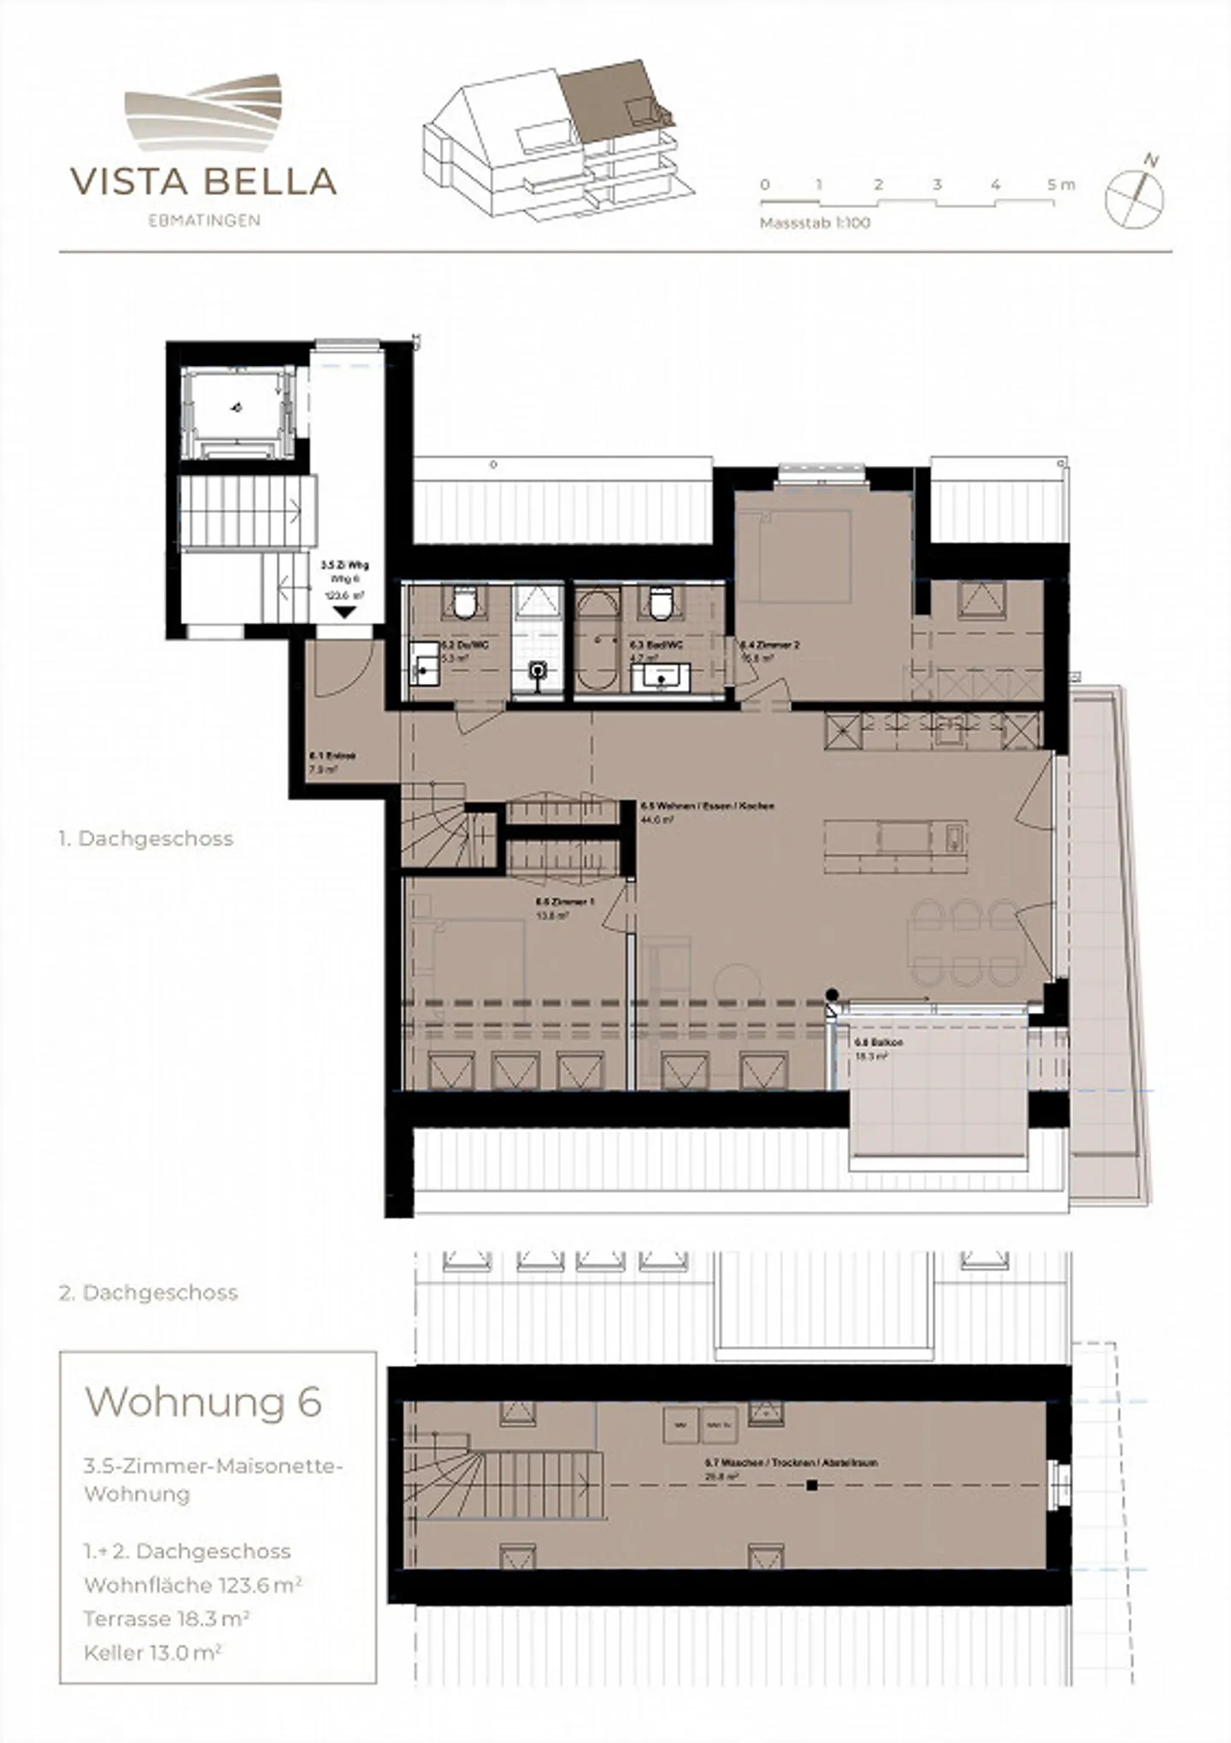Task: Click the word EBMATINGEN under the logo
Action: point(203,221)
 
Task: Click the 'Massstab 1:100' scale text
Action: point(815,223)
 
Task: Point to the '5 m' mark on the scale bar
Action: point(1060,185)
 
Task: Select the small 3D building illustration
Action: point(558,139)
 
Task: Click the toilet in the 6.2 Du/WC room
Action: point(464,603)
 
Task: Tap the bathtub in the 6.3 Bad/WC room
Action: point(597,641)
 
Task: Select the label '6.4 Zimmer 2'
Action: point(769,645)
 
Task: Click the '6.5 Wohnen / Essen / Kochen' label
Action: point(708,806)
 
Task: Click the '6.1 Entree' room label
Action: point(332,756)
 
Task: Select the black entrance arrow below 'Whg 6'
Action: point(345,612)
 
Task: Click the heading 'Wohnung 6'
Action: point(203,1402)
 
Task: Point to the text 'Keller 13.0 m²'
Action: point(152,1653)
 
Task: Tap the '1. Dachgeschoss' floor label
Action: point(145,839)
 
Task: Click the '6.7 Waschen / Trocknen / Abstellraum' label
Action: point(791,1463)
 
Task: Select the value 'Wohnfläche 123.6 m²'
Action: point(192,1585)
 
